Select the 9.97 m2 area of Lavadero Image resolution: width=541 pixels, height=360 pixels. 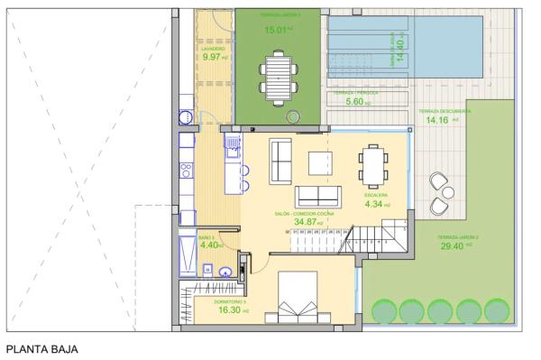[213, 57]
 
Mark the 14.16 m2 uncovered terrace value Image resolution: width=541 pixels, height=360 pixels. [439, 119]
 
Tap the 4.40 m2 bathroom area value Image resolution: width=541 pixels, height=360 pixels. [210, 245]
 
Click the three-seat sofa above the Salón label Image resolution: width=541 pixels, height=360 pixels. [319, 195]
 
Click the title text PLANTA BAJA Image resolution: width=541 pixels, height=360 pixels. [44, 348]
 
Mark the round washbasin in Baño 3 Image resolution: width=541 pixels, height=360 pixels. [225, 268]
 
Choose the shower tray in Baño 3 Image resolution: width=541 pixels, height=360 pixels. [187, 256]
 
